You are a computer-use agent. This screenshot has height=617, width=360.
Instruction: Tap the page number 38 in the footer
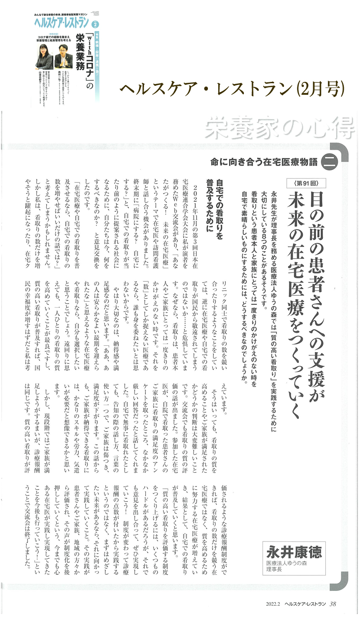coord(333,604)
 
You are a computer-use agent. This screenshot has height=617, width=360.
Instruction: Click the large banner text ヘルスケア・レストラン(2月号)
coord(232,87)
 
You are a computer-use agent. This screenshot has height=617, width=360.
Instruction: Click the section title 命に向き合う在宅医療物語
coord(263,162)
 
